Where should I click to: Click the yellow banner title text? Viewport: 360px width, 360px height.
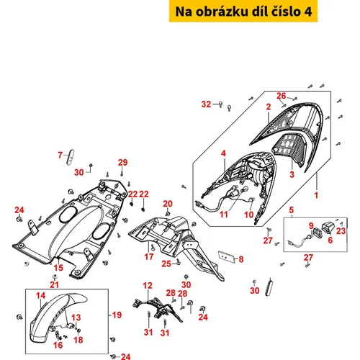pyautogui.click(x=243, y=12)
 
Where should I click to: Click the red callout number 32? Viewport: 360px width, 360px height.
pyautogui.click(x=206, y=104)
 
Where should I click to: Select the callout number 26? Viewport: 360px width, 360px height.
pyautogui.click(x=282, y=96)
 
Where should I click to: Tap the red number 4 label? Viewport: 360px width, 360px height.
pyautogui.click(x=223, y=153)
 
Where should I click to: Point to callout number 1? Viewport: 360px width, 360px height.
pyautogui.click(x=316, y=195)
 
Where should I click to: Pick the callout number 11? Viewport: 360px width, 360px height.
pyautogui.click(x=224, y=215)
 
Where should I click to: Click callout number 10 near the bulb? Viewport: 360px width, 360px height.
pyautogui.click(x=249, y=215)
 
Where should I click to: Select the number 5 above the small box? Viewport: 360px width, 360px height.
pyautogui.click(x=291, y=210)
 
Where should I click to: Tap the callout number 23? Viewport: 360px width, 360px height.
pyautogui.click(x=341, y=231)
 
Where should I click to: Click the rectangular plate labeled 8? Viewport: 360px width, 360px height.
pyautogui.click(x=226, y=257)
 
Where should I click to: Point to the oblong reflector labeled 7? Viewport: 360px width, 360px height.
pyautogui.click(x=70, y=157)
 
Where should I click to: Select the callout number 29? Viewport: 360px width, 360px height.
pyautogui.click(x=122, y=163)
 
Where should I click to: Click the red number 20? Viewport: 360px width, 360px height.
pyautogui.click(x=168, y=204)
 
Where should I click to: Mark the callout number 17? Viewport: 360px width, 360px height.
pyautogui.click(x=149, y=256)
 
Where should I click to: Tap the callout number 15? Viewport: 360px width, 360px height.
pyautogui.click(x=58, y=268)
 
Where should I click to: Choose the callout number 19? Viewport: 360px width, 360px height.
pyautogui.click(x=117, y=315)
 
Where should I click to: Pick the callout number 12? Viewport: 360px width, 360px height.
pyautogui.click(x=148, y=286)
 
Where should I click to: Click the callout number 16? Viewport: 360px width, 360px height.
pyautogui.click(x=58, y=345)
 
